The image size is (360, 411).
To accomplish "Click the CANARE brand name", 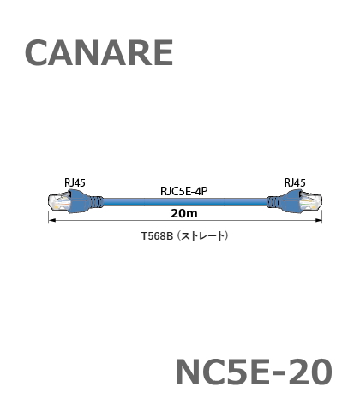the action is click(99, 53).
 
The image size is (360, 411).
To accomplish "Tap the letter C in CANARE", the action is click(36, 53).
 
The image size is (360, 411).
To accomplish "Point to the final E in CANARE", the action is click(164, 53).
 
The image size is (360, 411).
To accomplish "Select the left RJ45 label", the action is click(75, 182).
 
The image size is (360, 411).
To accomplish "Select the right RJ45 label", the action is click(295, 182).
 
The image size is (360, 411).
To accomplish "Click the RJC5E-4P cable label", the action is click(184, 191).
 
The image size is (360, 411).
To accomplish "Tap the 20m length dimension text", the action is click(184, 213).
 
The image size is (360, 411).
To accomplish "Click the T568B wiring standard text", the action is click(157, 236).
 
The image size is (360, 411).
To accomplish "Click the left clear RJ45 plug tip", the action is click(59, 202).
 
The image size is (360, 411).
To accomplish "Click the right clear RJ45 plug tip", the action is click(310, 202).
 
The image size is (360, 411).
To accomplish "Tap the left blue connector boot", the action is click(81, 201).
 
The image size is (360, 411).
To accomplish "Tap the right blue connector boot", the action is click(290, 201).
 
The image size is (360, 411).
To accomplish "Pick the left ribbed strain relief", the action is click(97, 202).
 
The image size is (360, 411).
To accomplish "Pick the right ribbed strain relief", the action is click(273, 202).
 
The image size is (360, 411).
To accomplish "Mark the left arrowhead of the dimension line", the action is click(49, 220).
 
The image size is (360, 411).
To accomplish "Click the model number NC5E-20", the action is click(254, 372).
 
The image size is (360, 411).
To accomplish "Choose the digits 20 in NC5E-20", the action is click(310, 372).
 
